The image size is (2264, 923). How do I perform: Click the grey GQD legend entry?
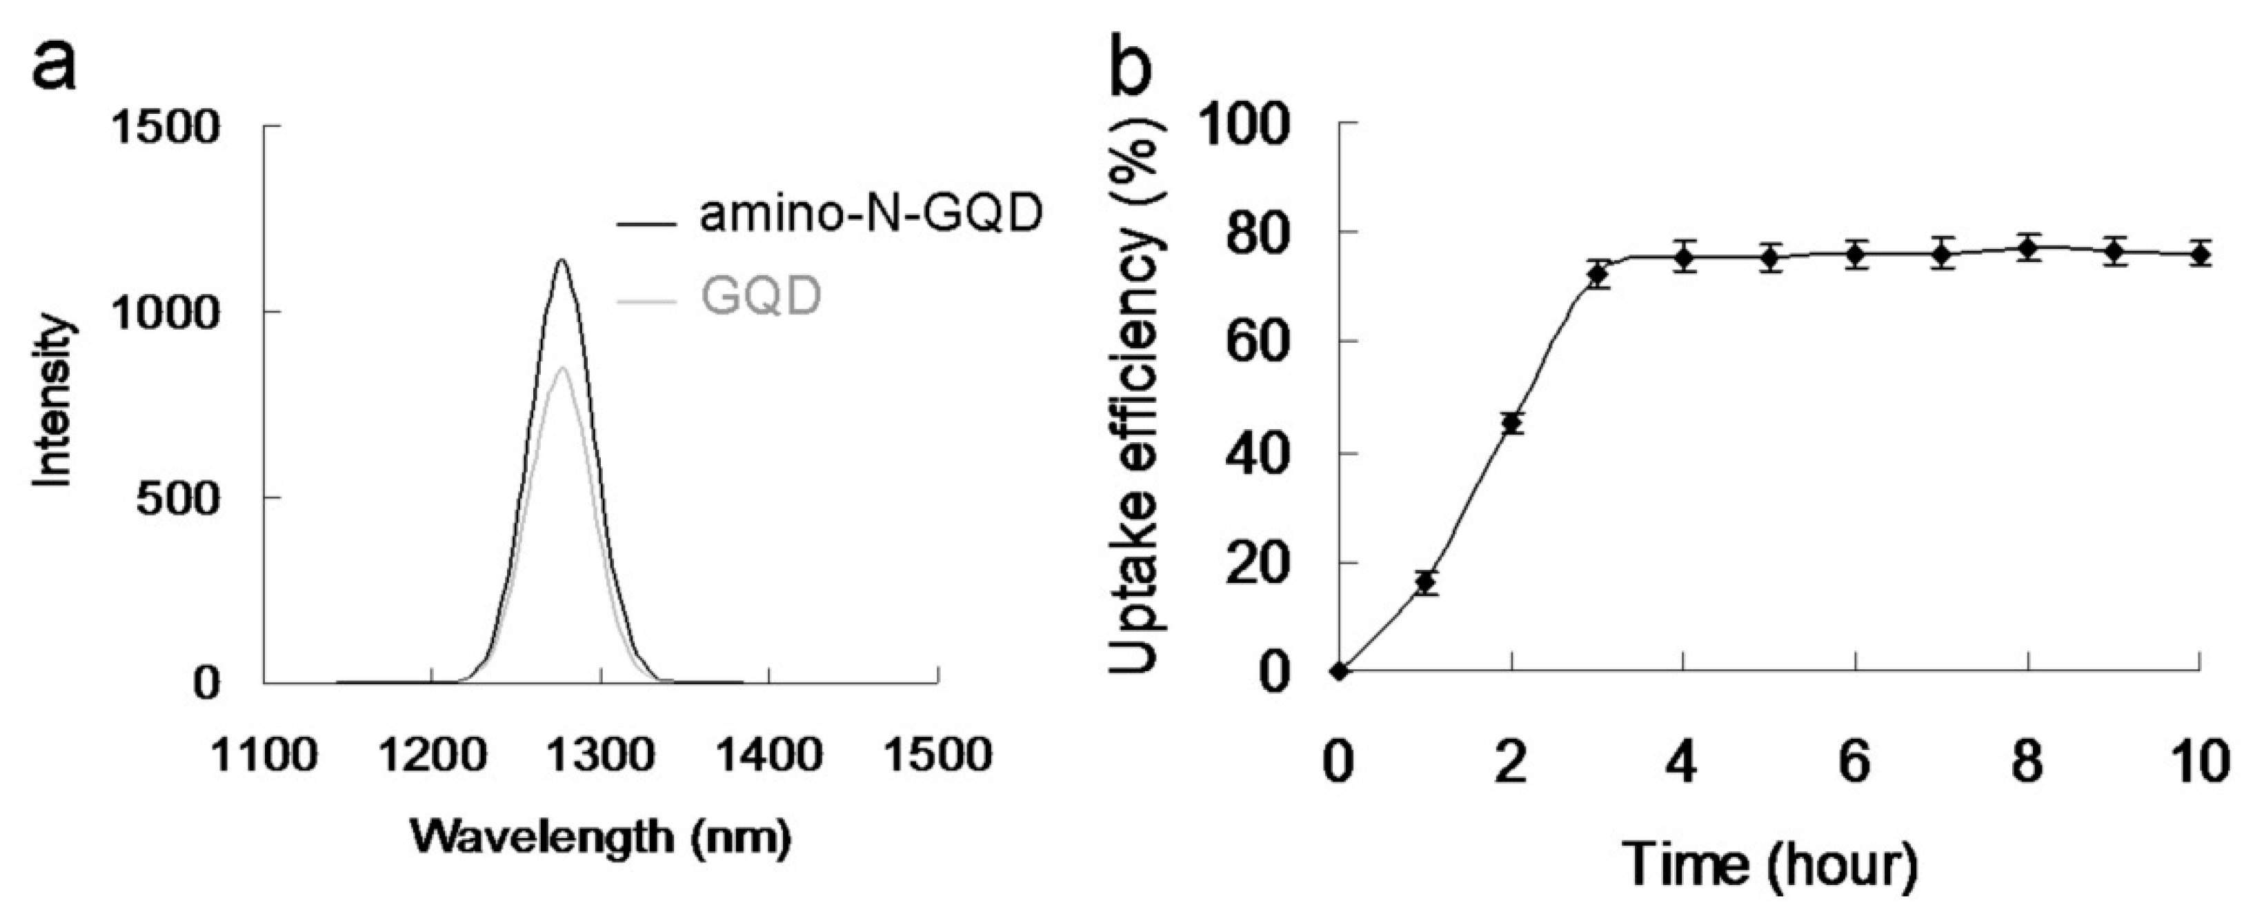(x=761, y=298)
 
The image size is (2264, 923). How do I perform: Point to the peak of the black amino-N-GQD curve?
(x=561, y=260)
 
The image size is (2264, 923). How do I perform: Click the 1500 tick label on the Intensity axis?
(x=166, y=128)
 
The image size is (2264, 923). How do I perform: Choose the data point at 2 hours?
(x=1511, y=424)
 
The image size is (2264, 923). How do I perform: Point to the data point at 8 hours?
(x=2027, y=249)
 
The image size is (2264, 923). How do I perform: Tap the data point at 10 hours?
(x=2200, y=255)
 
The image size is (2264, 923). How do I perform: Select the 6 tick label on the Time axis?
(x=1854, y=762)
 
